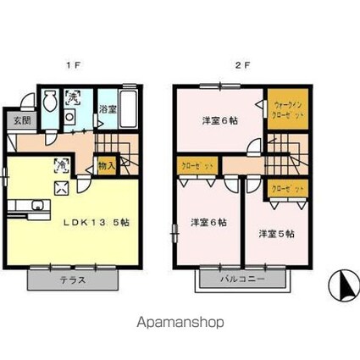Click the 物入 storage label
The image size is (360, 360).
107,167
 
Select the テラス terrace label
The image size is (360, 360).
71,280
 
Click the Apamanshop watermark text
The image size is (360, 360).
180,323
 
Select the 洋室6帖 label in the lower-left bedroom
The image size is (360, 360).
207,222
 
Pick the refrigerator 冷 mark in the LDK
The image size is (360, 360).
62,163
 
